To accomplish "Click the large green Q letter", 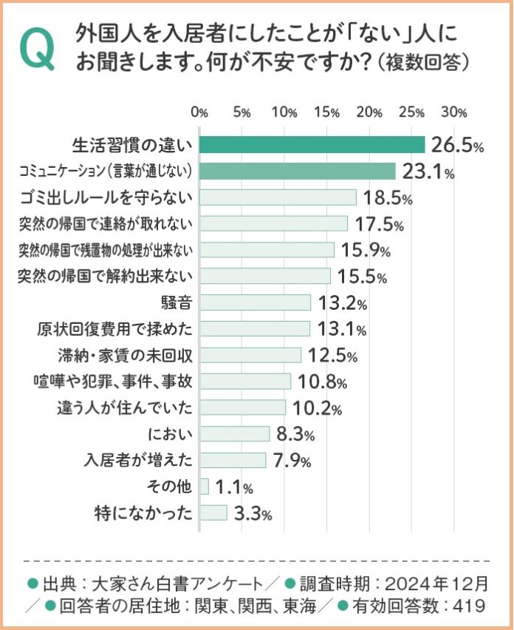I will [39, 50].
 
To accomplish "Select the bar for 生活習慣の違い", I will [312, 145].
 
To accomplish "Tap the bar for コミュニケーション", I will [298, 172].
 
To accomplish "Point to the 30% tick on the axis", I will [454, 112].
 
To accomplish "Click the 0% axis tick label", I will [199, 112].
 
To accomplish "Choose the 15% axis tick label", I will [326, 112].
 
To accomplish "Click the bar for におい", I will [234, 433].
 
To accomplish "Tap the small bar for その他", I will [204, 487].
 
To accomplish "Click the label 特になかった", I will [144, 512].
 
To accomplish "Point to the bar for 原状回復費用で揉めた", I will [254, 328].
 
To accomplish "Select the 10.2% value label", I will [316, 407].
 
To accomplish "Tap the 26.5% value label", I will [458, 146].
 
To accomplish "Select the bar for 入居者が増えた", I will [232, 460].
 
